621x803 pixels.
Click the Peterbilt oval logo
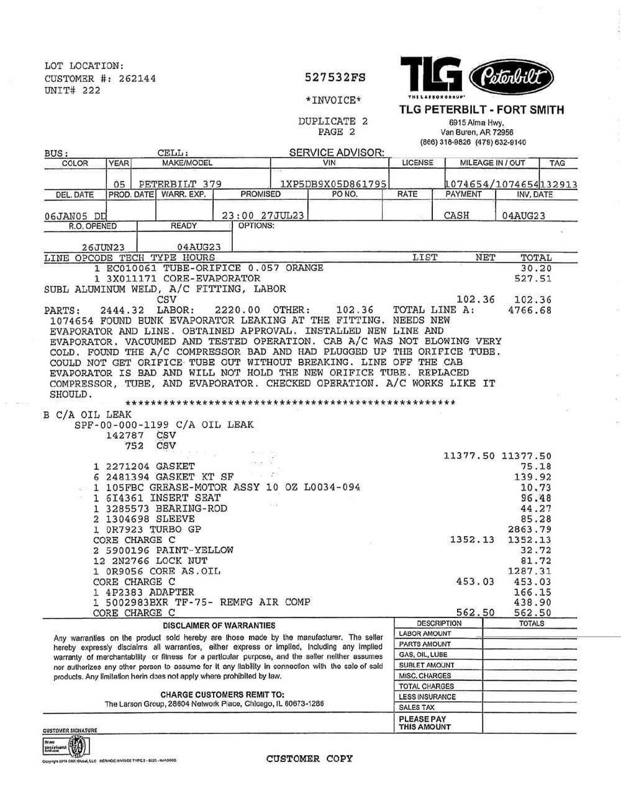pyautogui.click(x=512, y=78)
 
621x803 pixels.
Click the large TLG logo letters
pyautogui.click(x=431, y=75)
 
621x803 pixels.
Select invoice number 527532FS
pyautogui.click(x=335, y=78)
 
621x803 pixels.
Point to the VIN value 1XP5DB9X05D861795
pyautogui.click(x=333, y=184)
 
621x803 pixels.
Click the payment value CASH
pyautogui.click(x=456, y=215)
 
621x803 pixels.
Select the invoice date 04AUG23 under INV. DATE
pyautogui.click(x=523, y=215)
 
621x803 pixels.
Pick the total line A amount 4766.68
pyautogui.click(x=529, y=310)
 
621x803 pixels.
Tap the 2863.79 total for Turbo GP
pyautogui.click(x=529, y=529)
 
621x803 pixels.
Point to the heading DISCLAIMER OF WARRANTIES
pyautogui.click(x=219, y=626)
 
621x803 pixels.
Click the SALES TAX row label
pyautogui.click(x=417, y=707)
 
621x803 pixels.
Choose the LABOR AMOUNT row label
pyautogui.click(x=425, y=634)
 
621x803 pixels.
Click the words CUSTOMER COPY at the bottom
pyautogui.click(x=309, y=758)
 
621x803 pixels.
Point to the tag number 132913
pyautogui.click(x=559, y=184)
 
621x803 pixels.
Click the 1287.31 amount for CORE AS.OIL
pyautogui.click(x=529, y=571)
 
